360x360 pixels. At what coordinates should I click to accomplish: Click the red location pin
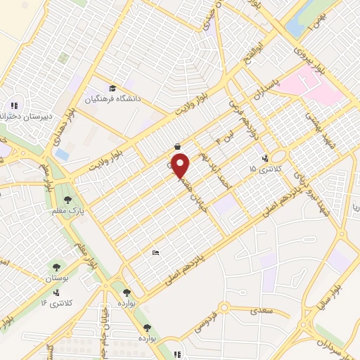click(x=182, y=165)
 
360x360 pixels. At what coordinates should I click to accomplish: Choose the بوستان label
click(x=60, y=279)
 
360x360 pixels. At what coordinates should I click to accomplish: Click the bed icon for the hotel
click(x=156, y=252)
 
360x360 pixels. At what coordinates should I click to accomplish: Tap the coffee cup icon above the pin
click(x=177, y=146)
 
